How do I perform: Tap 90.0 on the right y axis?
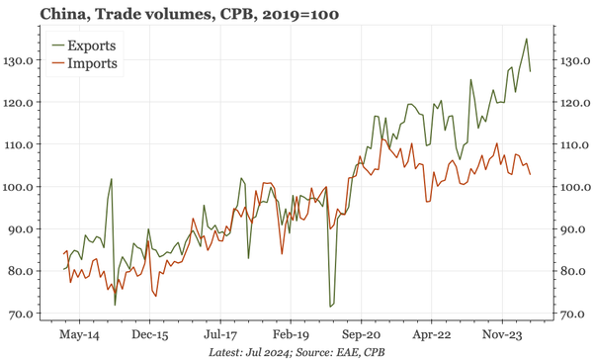tap(570, 229)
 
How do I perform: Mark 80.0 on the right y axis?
tap(570, 271)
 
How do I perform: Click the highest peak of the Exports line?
tap(526, 39)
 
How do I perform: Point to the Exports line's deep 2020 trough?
tap(330, 307)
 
